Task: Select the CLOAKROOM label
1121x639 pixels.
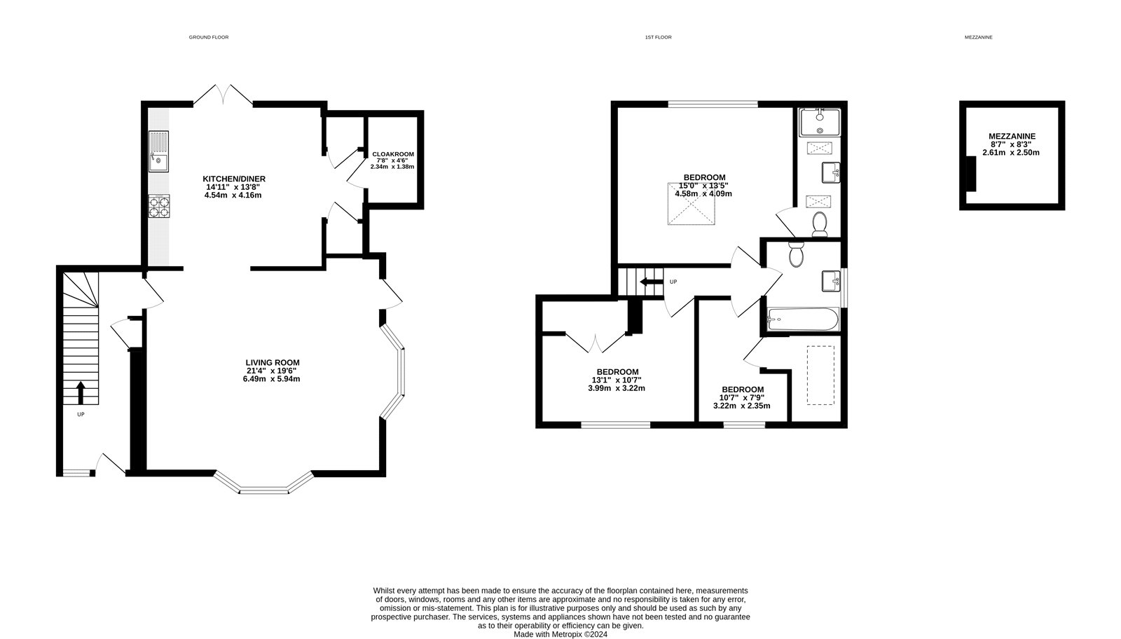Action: click(x=392, y=154)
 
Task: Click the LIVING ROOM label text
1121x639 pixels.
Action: click(x=273, y=362)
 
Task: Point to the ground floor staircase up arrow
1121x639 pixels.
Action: click(x=81, y=392)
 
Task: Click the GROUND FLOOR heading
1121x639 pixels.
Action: click(x=209, y=37)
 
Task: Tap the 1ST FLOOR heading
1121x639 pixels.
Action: click(x=658, y=37)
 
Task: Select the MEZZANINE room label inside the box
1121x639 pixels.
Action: click(x=1012, y=136)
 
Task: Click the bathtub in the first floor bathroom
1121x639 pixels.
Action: click(x=803, y=319)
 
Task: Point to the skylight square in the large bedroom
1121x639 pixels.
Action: click(x=692, y=205)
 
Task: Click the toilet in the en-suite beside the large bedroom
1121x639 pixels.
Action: click(x=819, y=224)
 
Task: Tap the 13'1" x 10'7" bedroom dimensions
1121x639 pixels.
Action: click(x=617, y=380)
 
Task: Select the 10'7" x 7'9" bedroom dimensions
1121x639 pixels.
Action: click(x=742, y=398)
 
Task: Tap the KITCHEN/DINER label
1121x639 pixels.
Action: click(x=234, y=179)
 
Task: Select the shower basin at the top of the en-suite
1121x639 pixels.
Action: click(x=818, y=123)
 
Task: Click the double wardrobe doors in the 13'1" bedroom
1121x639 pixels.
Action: click(x=596, y=343)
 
